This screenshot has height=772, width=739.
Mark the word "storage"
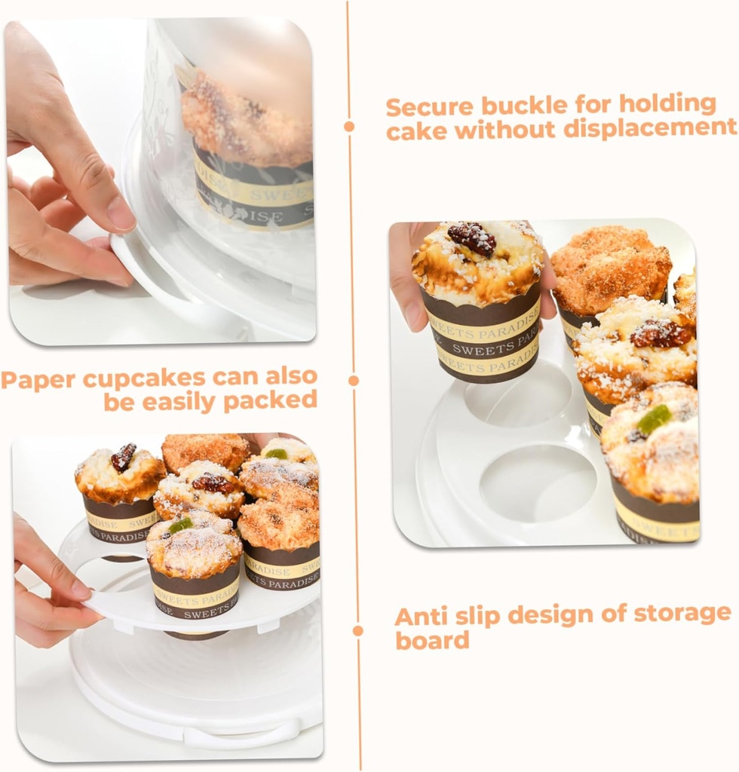pos(682,614)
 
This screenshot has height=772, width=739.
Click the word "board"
pos(432,640)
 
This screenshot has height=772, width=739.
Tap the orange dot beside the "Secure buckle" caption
pos(349,127)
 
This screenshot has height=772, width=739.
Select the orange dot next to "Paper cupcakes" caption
pos(353,381)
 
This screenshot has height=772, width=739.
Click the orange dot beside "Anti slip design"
pos(357,630)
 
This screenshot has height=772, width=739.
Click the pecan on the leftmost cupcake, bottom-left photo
pos(123,458)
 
